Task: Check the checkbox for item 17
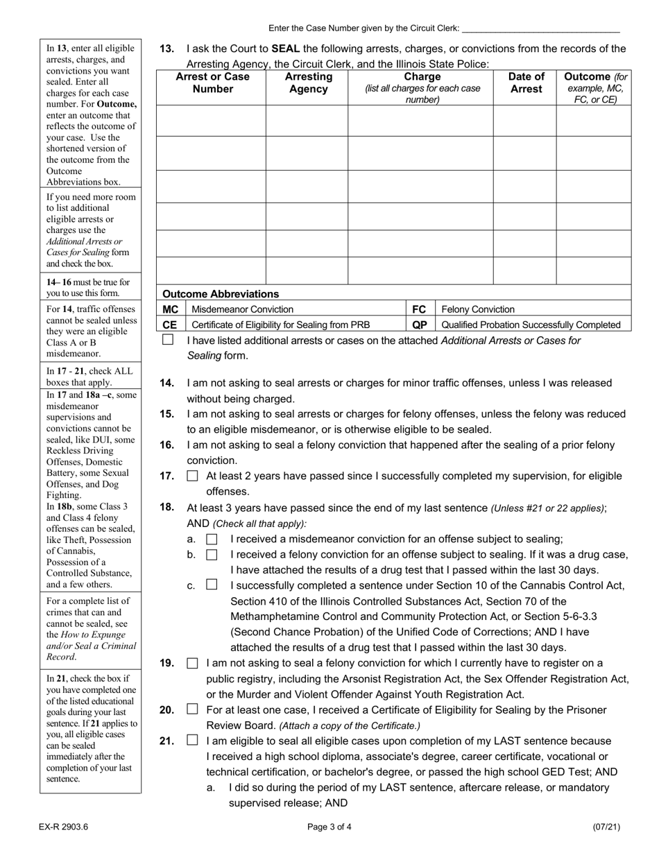point(192,476)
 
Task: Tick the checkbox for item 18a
point(212,539)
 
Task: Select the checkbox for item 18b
point(212,555)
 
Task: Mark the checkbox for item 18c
point(212,585)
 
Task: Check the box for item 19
point(192,664)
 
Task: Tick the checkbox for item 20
point(192,709)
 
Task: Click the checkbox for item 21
point(192,741)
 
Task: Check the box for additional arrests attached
point(168,340)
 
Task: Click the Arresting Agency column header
point(308,83)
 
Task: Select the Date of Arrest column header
point(526,83)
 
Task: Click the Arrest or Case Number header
point(212,83)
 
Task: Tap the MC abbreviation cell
point(171,309)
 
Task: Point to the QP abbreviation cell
point(420,325)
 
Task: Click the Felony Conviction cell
point(478,309)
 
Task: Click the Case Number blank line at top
point(540,28)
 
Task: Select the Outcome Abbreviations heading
point(221,294)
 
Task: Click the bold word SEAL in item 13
point(286,49)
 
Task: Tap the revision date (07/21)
point(606,827)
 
